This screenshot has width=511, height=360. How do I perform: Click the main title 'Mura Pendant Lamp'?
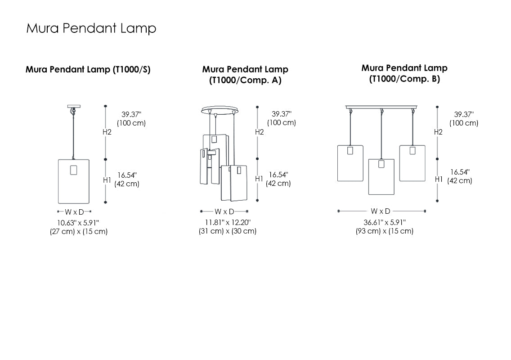click(91, 28)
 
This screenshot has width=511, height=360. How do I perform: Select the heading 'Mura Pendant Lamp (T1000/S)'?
click(88, 70)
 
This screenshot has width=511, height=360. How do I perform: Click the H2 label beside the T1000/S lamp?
click(107, 132)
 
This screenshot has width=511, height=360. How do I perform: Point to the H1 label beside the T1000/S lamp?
click(107, 180)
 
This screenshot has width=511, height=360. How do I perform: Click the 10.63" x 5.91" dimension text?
click(78, 222)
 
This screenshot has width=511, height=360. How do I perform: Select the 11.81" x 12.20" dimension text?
click(228, 222)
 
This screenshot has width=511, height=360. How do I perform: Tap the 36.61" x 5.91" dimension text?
click(385, 222)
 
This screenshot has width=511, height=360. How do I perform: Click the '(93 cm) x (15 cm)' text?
click(385, 231)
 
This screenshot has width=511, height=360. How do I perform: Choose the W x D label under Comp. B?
click(381, 211)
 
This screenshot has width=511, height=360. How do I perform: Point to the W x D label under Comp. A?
click(224, 211)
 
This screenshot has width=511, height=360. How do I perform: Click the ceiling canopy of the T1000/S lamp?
click(73, 107)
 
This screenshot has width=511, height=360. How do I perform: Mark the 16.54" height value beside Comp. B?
click(460, 172)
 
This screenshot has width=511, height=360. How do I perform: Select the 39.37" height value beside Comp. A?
click(281, 114)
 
